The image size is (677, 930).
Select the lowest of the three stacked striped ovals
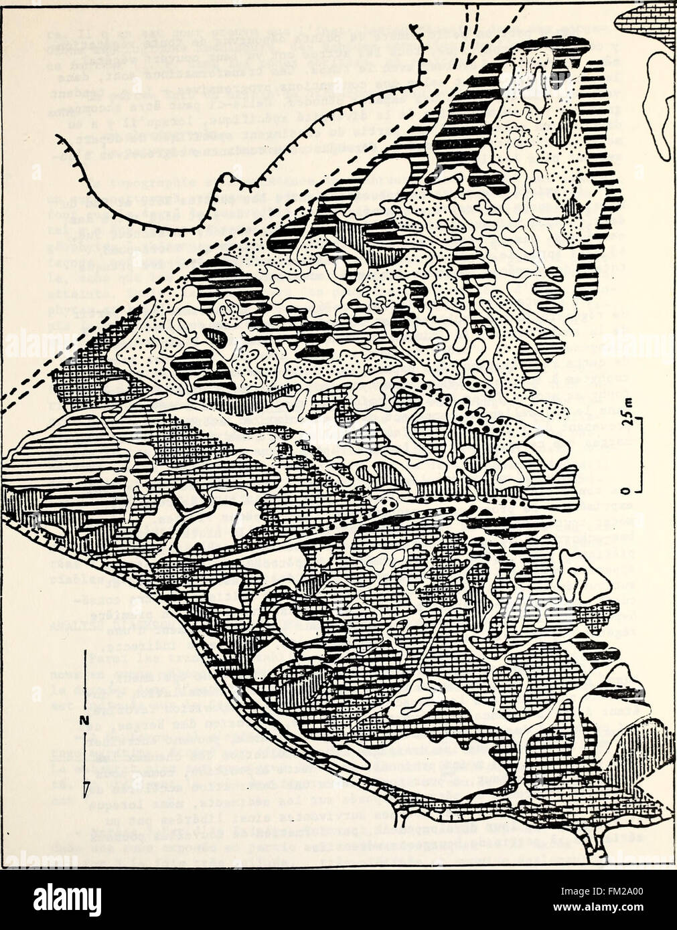coord(549,306)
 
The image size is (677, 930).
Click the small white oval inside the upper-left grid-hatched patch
coord(116,387)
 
